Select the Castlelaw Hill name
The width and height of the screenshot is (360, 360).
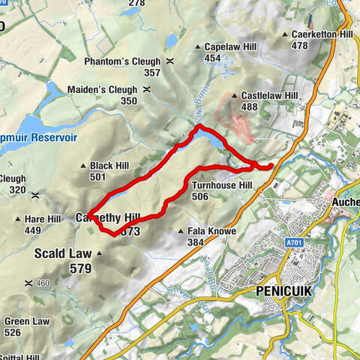tap(271, 96)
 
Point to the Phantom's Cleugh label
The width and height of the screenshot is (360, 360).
tap(133, 61)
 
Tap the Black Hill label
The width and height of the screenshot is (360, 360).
tap(109, 166)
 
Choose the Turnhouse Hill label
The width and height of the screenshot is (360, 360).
tap(220, 185)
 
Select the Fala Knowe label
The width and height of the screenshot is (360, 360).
tap(212, 232)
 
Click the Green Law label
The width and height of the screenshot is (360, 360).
tap(31, 322)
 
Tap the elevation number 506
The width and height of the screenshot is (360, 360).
tap(199, 196)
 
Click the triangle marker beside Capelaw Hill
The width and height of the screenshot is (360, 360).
tap(197, 46)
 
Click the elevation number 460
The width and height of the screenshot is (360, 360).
tap(42, 283)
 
